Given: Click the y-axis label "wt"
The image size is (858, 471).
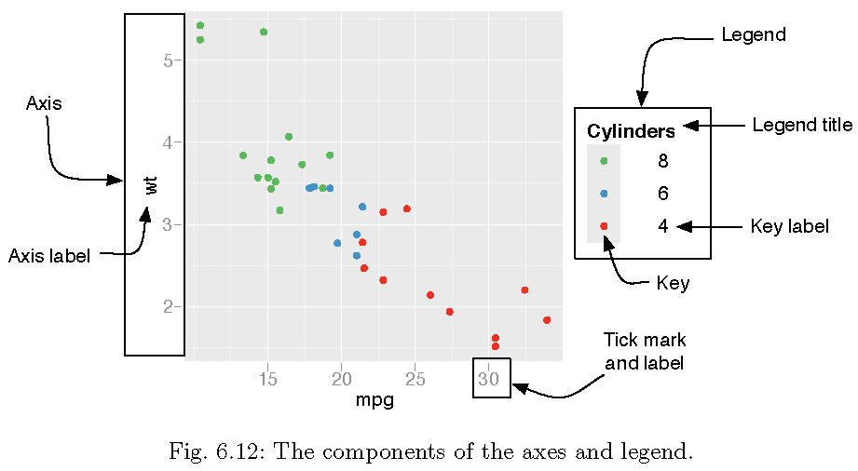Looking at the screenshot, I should click(152, 184).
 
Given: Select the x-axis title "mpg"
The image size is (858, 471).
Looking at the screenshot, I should click(375, 401).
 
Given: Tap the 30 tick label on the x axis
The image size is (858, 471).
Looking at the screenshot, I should click(489, 380).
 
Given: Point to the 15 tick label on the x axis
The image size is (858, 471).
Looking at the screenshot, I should click(268, 380).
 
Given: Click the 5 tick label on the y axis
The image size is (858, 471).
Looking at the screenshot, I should click(169, 61).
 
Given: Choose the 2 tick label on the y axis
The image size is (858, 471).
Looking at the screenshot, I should click(169, 306).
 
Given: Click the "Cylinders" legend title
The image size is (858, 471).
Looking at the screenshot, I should click(631, 131).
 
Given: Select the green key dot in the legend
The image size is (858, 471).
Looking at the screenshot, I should click(604, 161).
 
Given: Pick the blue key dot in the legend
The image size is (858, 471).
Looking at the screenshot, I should click(604, 194).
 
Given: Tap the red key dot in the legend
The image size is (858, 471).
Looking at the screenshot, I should click(604, 226).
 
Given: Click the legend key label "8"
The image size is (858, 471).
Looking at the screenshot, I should click(662, 161).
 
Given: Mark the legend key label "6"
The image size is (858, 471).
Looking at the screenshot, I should click(662, 194).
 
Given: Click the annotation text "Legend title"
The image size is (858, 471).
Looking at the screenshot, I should click(801, 125).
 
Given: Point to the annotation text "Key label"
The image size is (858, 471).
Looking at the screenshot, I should click(789, 226).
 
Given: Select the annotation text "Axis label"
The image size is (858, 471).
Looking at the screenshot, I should click(49, 256).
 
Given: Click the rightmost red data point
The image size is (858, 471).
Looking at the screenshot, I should click(547, 320).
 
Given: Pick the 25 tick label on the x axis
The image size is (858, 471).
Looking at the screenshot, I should click(415, 380).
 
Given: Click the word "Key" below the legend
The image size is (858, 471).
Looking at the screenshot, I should click(673, 283).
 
